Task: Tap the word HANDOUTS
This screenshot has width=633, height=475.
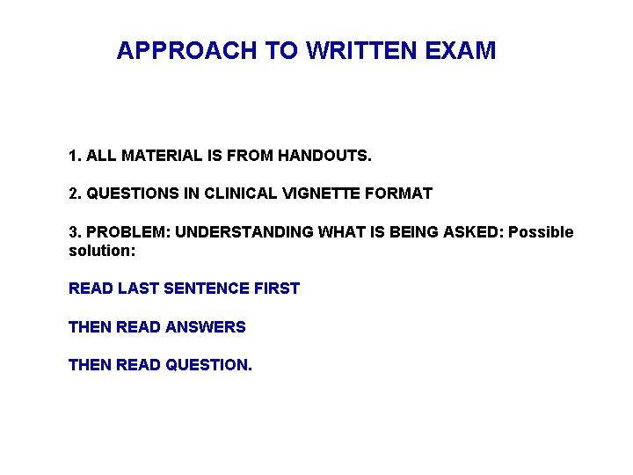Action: pos(325,157)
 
